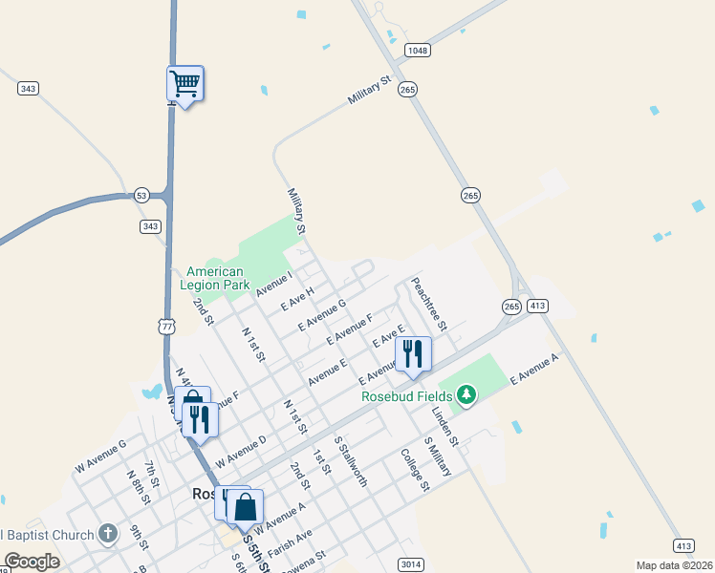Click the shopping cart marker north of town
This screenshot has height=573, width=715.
coord(184,84)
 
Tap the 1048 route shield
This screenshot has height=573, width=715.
coord(417,51)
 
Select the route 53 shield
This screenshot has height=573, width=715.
coord(141,194)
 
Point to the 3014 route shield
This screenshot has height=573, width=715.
coord(410,564)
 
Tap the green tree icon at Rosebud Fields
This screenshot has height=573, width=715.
coord(466,394)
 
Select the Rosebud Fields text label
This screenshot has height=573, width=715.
coord(406,396)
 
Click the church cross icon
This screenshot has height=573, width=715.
coord(108,533)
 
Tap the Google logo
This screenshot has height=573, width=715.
coord(32,562)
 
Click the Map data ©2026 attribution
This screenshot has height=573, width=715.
coord(674,565)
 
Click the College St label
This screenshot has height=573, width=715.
coord(415,471)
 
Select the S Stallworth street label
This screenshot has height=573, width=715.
coord(351,461)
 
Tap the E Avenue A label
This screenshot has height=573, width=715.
coord(534,369)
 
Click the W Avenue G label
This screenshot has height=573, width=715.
coord(100,457)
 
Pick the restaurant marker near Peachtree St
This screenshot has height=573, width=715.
coord(413,354)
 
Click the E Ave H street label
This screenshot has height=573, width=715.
coord(297,299)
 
